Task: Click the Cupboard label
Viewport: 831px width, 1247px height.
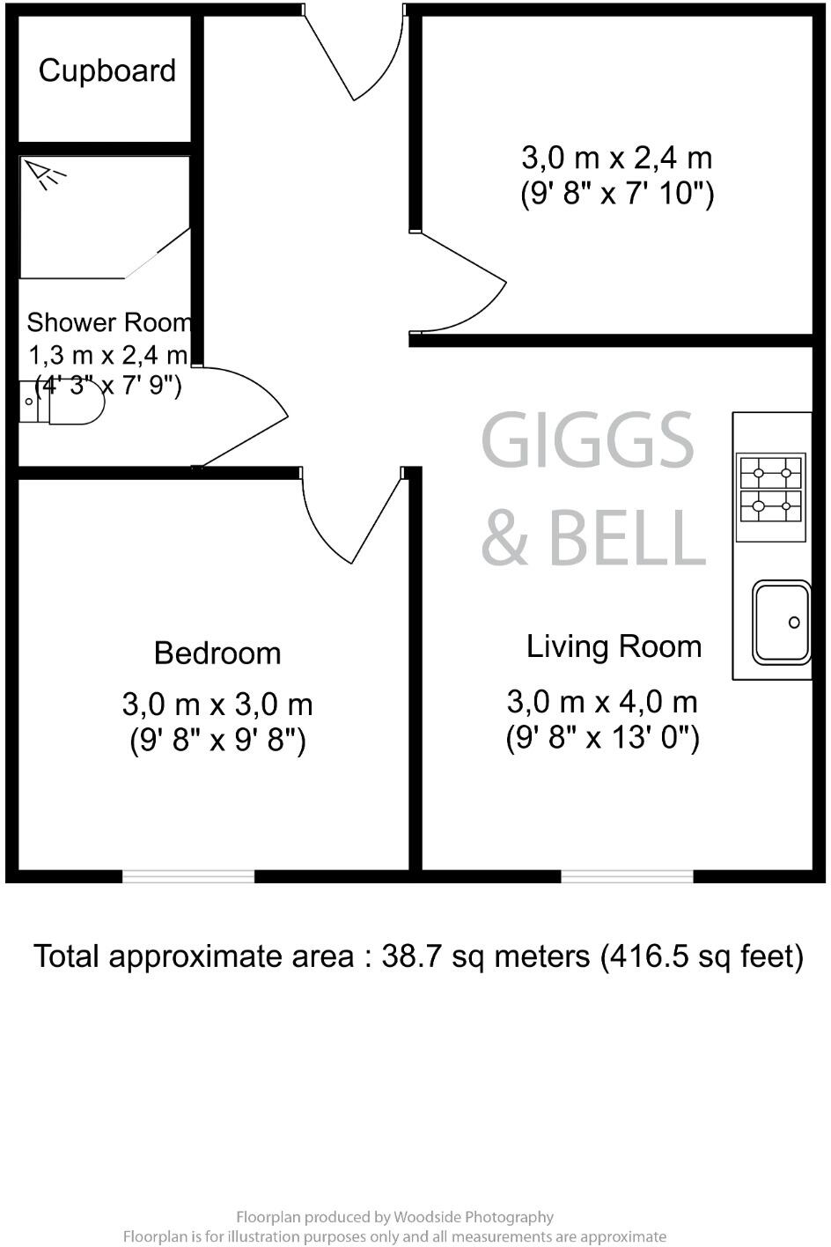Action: pos(107,70)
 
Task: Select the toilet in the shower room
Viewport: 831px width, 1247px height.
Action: pos(70,403)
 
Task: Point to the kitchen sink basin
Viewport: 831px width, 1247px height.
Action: pos(781,622)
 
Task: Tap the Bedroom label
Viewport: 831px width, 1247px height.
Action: pos(217,653)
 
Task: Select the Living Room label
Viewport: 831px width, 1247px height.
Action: pos(614,646)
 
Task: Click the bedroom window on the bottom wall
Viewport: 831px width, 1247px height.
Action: pos(188,876)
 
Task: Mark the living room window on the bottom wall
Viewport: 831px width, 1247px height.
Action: pos(627,876)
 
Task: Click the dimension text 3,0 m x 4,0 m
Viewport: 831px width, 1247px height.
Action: pos(602,702)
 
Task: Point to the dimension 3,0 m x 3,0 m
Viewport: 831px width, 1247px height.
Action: pos(217,705)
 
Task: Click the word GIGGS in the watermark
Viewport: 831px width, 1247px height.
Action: pos(588,440)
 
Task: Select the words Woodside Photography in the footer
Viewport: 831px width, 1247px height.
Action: pos(474,1217)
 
